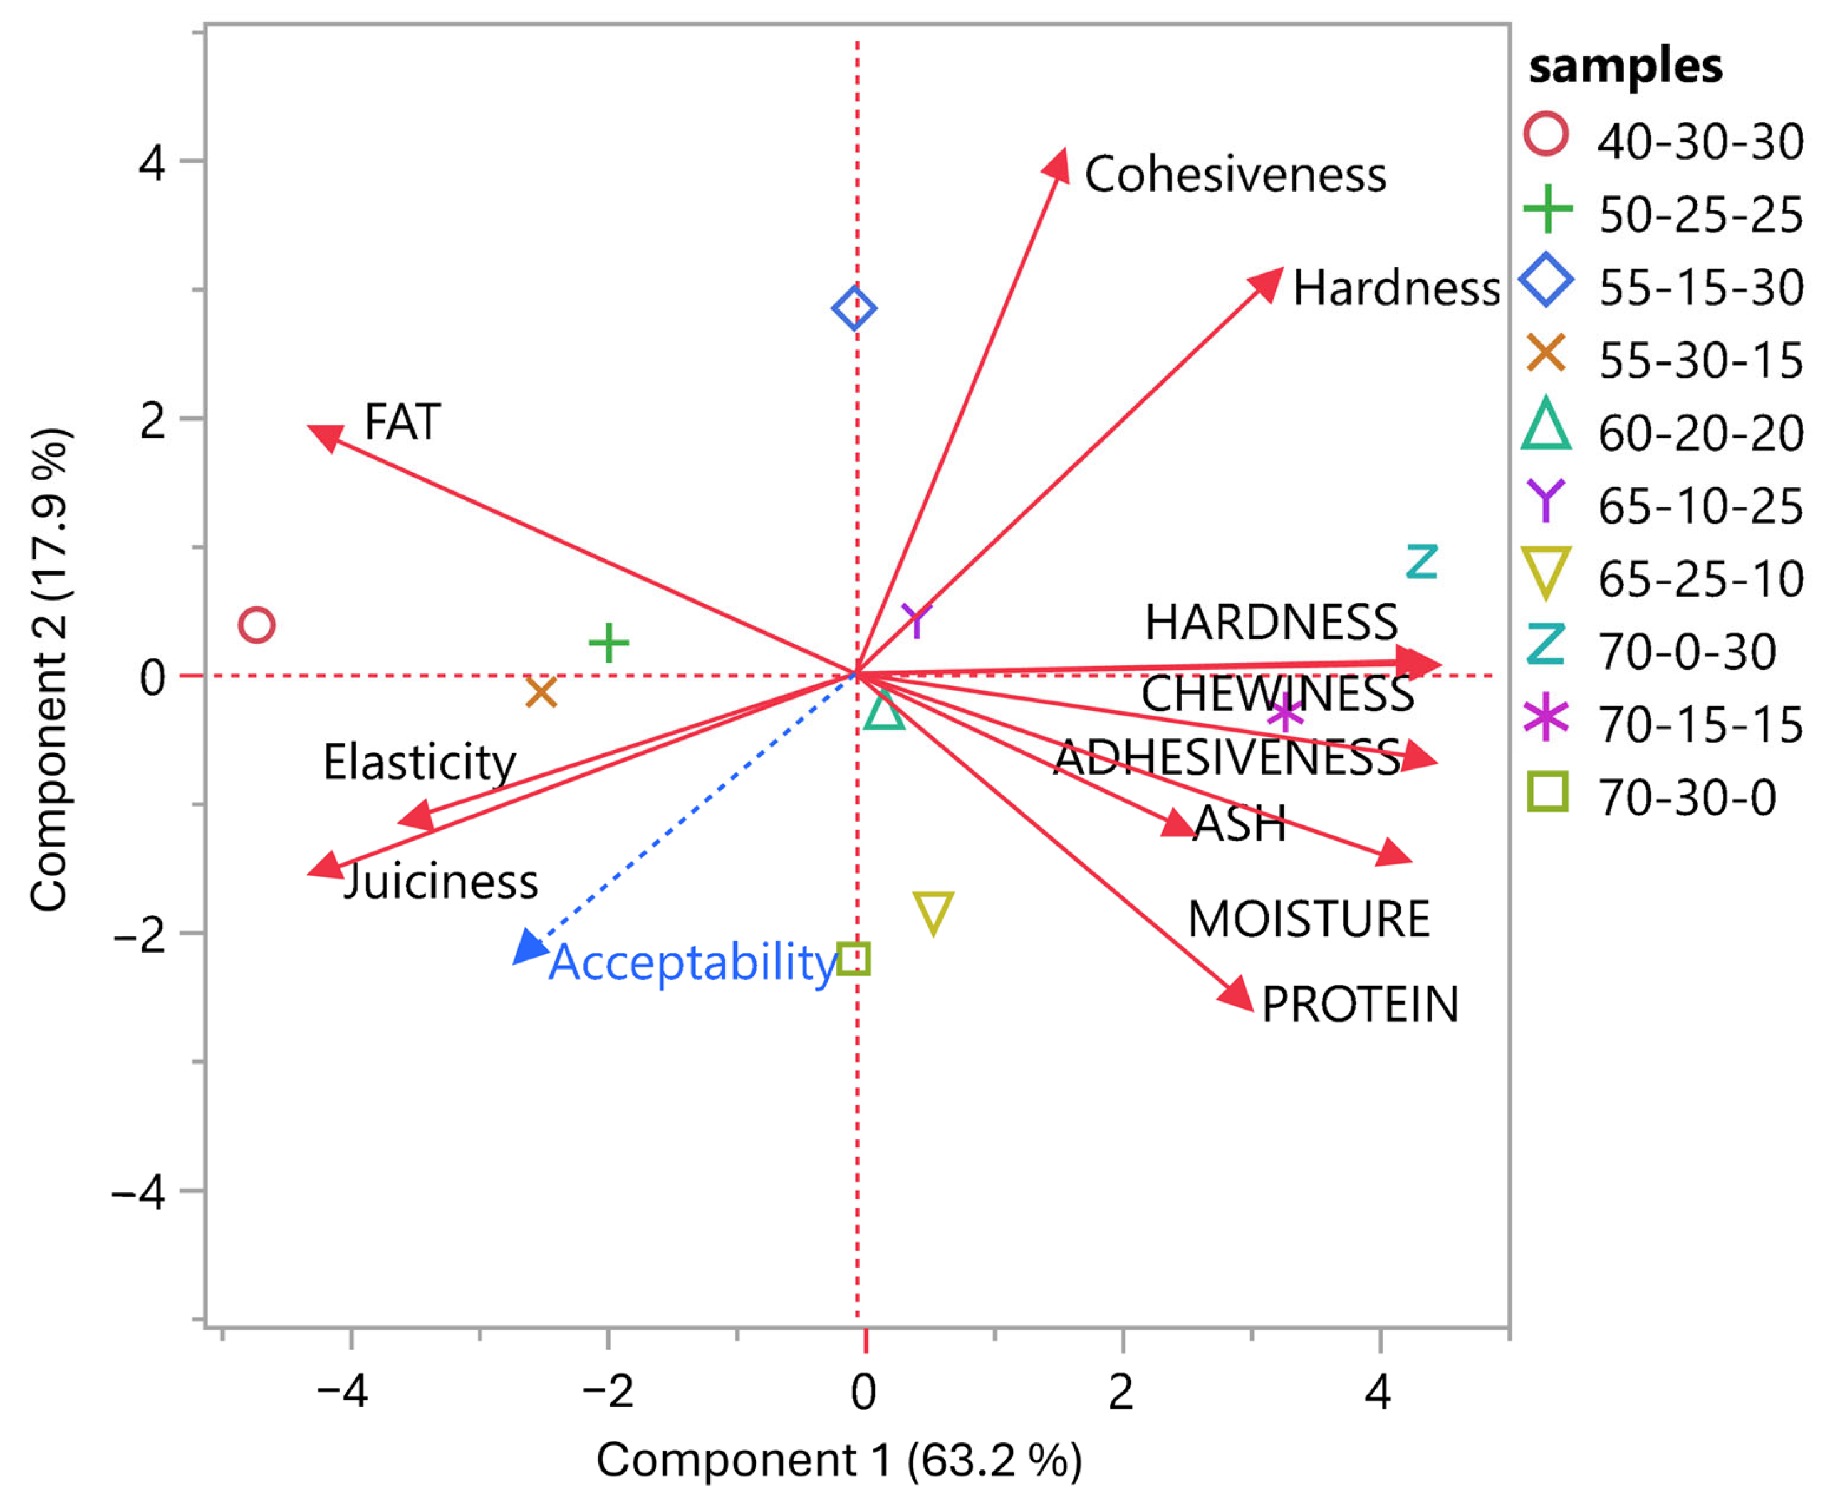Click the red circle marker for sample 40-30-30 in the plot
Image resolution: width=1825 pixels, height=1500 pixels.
257,624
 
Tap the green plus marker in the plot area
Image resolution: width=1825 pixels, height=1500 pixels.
608,643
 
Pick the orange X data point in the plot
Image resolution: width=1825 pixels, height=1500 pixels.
541,692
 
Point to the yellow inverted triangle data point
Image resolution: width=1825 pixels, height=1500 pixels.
933,913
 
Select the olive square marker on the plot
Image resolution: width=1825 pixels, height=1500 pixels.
854,958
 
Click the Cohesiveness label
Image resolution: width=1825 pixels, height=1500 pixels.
1235,175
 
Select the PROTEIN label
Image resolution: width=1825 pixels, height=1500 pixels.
1360,1004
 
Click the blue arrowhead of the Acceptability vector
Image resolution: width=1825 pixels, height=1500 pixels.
528,947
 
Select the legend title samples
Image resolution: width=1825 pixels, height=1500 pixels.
1625,66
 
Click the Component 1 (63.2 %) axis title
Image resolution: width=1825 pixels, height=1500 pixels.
838,1459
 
